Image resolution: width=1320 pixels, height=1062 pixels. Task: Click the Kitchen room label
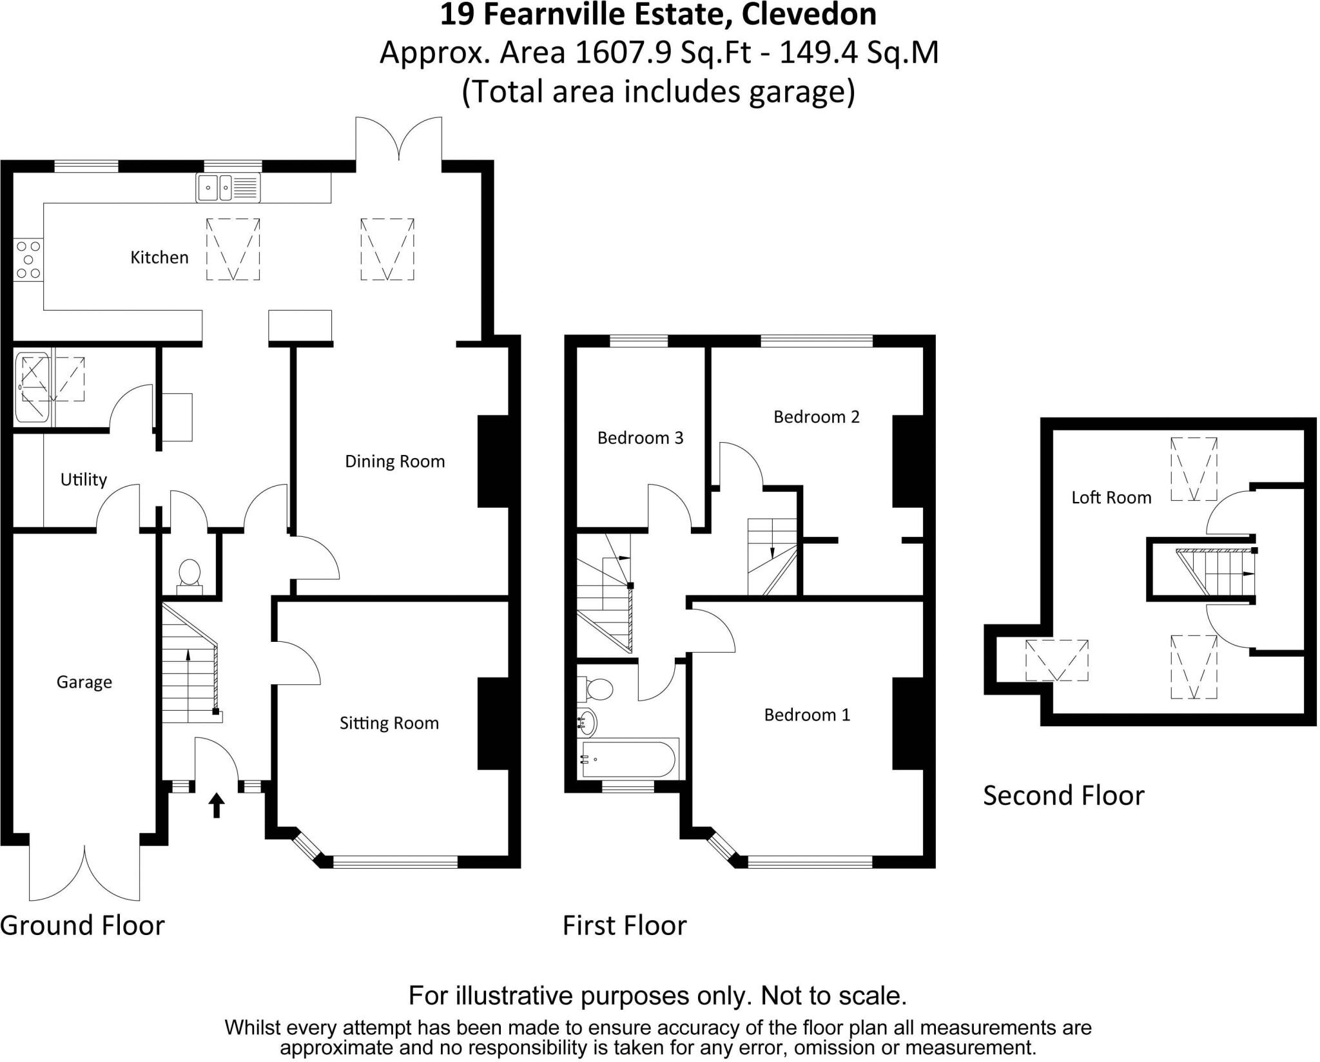click(x=159, y=257)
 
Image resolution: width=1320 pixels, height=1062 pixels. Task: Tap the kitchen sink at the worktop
click(x=228, y=188)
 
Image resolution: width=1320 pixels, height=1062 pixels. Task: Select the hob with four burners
click(x=28, y=260)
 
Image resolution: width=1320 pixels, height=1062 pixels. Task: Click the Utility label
click(x=83, y=479)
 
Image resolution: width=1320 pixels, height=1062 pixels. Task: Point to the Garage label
click(x=84, y=682)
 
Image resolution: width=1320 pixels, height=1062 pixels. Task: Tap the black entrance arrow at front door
click(x=217, y=805)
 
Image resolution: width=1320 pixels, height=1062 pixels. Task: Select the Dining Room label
click(x=394, y=461)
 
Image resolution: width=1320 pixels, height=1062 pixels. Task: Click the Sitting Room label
click(x=389, y=723)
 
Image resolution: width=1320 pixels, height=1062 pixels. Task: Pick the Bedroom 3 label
click(x=640, y=438)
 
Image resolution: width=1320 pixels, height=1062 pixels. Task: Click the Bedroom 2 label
click(x=816, y=417)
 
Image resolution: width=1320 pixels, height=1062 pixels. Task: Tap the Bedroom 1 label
click(x=807, y=715)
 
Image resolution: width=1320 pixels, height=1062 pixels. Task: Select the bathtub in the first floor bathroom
click(x=629, y=759)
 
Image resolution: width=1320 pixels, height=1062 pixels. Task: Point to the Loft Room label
click(x=1111, y=497)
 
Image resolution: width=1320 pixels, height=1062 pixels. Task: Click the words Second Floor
click(x=1063, y=796)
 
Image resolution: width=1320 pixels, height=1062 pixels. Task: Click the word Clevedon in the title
click(x=809, y=15)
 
